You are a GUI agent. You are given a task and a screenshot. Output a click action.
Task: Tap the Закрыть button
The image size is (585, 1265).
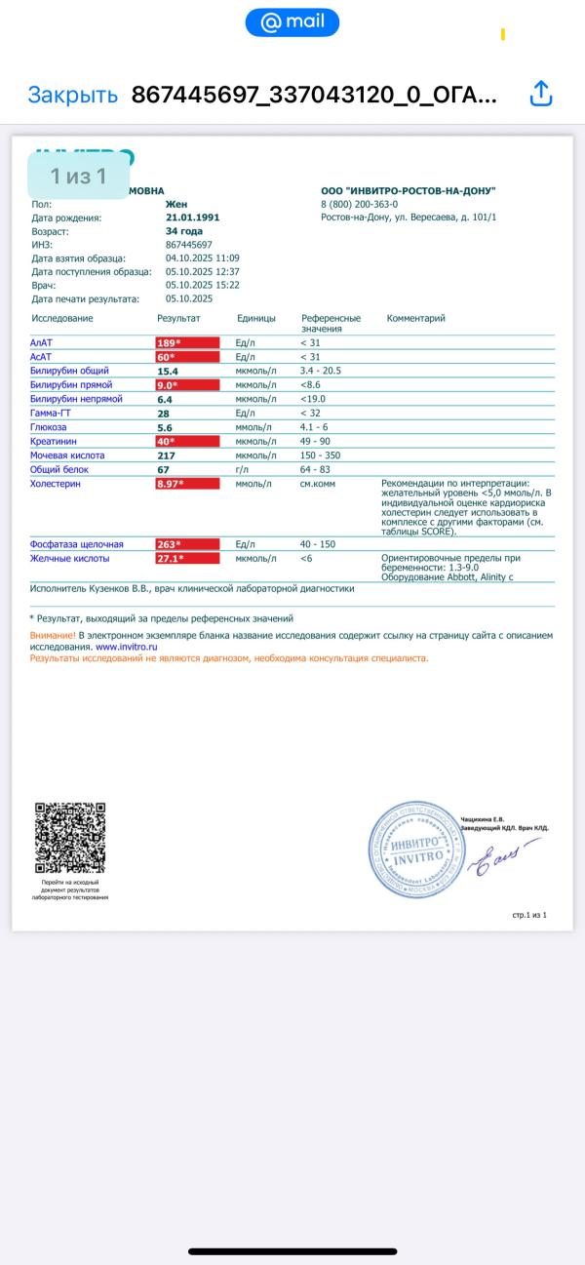(72, 95)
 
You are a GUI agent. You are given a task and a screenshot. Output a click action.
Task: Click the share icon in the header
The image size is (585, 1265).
(541, 94)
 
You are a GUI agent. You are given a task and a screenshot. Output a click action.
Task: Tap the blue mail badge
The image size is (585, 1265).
(292, 22)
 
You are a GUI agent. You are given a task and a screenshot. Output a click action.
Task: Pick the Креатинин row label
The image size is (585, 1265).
(54, 441)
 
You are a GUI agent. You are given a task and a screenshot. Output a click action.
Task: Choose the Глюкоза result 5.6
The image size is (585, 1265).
(165, 427)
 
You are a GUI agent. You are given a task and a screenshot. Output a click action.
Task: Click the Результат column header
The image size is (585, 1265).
(178, 319)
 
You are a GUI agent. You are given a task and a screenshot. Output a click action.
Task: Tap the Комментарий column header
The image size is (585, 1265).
(416, 319)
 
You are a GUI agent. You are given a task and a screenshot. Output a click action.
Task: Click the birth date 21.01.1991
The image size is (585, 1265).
(193, 217)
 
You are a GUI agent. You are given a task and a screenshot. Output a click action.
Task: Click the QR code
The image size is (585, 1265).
(70, 838)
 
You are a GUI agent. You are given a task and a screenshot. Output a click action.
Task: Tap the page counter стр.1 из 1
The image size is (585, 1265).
(529, 916)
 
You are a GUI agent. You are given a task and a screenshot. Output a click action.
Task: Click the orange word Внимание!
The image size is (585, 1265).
(53, 635)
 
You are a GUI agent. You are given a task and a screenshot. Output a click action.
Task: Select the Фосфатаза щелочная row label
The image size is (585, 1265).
(77, 544)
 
